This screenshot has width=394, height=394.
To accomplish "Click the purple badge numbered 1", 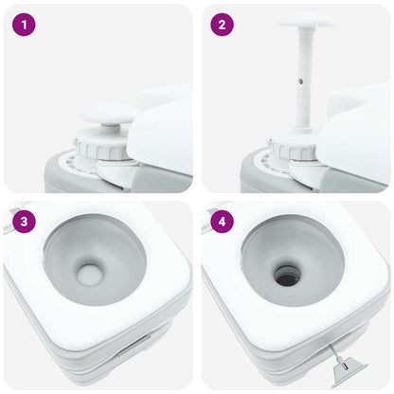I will (25, 26).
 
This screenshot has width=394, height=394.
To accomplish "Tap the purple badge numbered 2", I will (222, 26).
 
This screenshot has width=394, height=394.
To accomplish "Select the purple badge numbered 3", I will (25, 222).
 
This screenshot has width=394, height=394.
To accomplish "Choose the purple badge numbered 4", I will (222, 222).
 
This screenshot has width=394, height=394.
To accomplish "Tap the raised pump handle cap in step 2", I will (305, 19).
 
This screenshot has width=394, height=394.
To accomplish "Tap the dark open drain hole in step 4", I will (287, 276).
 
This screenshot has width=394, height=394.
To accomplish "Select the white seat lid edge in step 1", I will (161, 133).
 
